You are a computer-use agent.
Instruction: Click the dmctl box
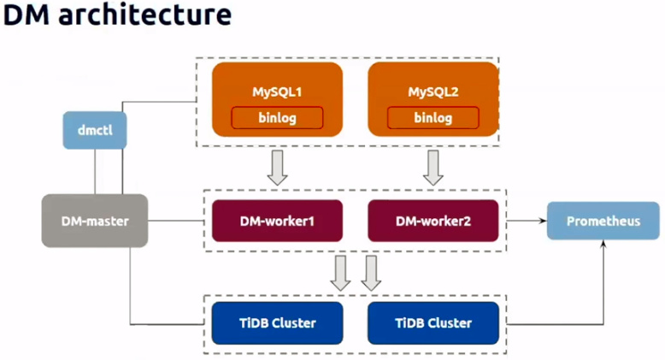coord(95,130)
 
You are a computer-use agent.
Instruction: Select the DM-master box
coord(95,221)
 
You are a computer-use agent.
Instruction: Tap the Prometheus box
coord(603,221)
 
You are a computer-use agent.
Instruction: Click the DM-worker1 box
coord(277,221)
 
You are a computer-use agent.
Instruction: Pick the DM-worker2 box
coord(433,221)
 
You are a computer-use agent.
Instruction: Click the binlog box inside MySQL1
coord(277,118)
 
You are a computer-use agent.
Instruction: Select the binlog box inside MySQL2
coord(433,118)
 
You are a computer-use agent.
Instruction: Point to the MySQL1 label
coord(277,91)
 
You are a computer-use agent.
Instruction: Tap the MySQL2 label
coord(433,91)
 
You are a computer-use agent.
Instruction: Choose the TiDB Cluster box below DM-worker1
coord(277,323)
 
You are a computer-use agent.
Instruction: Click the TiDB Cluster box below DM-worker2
coord(433,323)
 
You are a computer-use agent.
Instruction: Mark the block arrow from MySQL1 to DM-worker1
coord(277,168)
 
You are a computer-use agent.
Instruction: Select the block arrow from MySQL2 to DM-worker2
coord(433,168)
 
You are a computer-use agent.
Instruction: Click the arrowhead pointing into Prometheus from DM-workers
coord(544,221)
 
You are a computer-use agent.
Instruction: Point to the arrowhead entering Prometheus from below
coord(603,244)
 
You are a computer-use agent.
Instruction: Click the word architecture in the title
coord(144,14)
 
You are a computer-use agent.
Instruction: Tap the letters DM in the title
coord(26,15)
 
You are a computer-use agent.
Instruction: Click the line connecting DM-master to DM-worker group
coord(176,221)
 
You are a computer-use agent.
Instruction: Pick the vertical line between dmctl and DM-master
coord(95,172)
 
